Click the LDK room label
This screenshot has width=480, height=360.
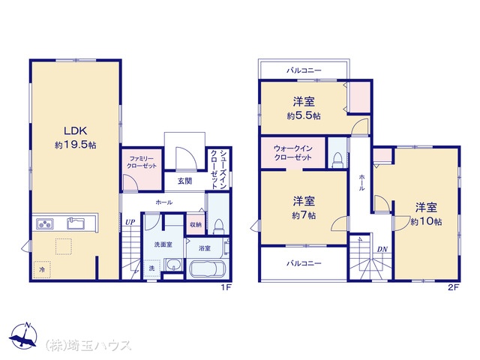coord(75,131)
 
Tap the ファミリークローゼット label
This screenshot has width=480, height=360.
coord(142,162)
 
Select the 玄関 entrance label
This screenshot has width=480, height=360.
coord(185,181)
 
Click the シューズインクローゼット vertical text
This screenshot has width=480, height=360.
coord(218,169)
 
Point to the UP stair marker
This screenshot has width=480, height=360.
coord(130,222)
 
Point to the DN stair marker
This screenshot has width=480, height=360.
coord(382,250)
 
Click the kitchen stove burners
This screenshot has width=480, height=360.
coord(45,223)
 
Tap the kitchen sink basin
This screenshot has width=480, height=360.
coord(76,223)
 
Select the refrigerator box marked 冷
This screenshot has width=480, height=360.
coord(42,269)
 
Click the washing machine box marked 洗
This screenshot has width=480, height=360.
coord(151,268)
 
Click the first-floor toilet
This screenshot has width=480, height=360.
coord(218,226)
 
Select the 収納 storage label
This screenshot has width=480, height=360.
coord(196,225)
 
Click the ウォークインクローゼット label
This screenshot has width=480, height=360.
coord(293,153)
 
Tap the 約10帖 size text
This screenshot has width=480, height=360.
coord(426,222)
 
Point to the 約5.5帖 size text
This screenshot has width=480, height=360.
coord(304,115)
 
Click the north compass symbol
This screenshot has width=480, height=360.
coord(23,335)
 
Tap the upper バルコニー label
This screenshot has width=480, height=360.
coord(304,70)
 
